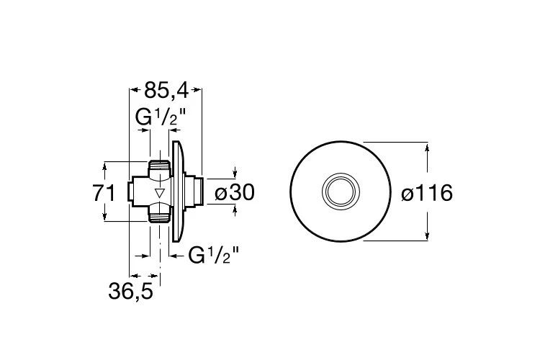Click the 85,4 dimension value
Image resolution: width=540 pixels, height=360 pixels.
coord(166,91)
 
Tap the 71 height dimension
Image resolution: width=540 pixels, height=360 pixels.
coord(104,193)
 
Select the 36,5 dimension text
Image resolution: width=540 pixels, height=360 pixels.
coord(130,292)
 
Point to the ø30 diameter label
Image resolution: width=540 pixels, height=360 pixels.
coord(235,192)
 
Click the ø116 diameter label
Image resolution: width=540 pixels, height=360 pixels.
coord(427,192)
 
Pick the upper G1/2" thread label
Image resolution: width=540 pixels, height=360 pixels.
coord(161,117)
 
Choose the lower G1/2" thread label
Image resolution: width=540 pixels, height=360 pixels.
coord(214,256)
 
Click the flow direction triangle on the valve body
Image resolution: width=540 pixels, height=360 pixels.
coord(159,193)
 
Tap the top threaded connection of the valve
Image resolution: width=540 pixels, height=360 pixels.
coord(159,168)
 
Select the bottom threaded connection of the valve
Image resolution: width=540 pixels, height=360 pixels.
coord(159,216)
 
